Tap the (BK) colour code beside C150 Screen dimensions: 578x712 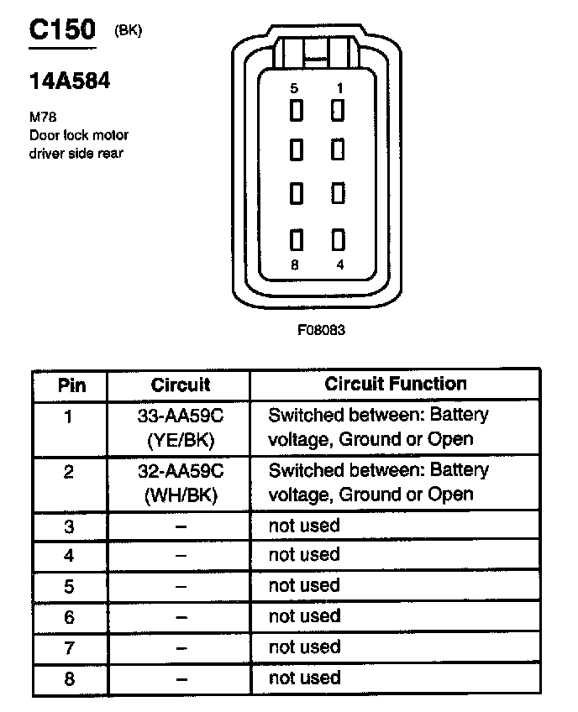tap(129, 31)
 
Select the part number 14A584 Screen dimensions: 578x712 tap(70, 81)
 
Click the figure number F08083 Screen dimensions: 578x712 tap(321, 330)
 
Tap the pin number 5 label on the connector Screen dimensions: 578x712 tap(293, 88)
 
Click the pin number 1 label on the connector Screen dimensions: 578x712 tap(339, 88)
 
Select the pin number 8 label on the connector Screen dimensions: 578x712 tap(293, 264)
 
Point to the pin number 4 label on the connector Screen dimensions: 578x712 tap(339, 264)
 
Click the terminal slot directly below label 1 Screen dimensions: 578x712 tap(339, 110)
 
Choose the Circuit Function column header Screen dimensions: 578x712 tap(395, 384)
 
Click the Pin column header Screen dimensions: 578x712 tap(71, 385)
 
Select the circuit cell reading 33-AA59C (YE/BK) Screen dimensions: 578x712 tap(181, 427)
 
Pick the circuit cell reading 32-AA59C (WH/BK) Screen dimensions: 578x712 tap(181, 483)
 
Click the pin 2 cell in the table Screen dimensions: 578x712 tap(70, 472)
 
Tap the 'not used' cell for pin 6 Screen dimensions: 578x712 tap(304, 616)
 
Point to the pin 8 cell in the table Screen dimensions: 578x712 tap(70, 678)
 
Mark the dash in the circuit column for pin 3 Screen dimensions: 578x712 tap(180, 526)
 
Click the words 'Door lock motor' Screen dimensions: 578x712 tap(78, 135)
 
